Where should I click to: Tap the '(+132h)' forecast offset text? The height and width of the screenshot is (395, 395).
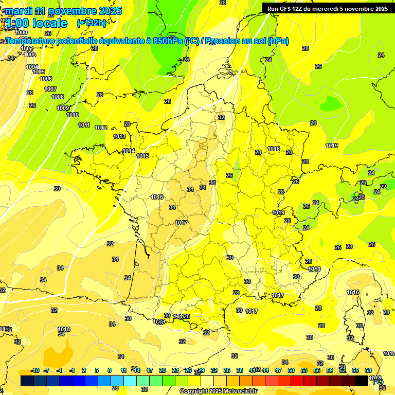click(x=91, y=23)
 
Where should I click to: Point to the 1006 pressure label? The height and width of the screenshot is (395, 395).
click(x=46, y=79)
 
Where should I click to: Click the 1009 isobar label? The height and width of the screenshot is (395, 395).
click(x=63, y=108)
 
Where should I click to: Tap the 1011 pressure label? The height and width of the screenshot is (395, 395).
click(x=84, y=125)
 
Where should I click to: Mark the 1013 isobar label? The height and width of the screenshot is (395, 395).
click(x=119, y=136)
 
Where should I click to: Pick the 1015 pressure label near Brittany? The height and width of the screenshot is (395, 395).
click(x=142, y=156)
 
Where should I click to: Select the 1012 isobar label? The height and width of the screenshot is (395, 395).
click(x=101, y=128)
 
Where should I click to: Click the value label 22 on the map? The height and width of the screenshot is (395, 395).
click(x=383, y=187)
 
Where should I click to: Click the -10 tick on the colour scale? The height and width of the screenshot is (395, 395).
click(x=35, y=370)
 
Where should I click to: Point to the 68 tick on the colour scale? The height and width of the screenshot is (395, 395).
click(x=368, y=370)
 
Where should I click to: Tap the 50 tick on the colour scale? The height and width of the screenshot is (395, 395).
click(x=291, y=370)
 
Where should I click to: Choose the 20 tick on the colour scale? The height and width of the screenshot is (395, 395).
click(x=163, y=370)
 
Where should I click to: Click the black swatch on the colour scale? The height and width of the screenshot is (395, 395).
click(x=362, y=381)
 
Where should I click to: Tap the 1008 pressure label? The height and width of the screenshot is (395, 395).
click(x=58, y=97)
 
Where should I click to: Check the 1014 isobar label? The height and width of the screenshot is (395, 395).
click(x=129, y=151)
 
